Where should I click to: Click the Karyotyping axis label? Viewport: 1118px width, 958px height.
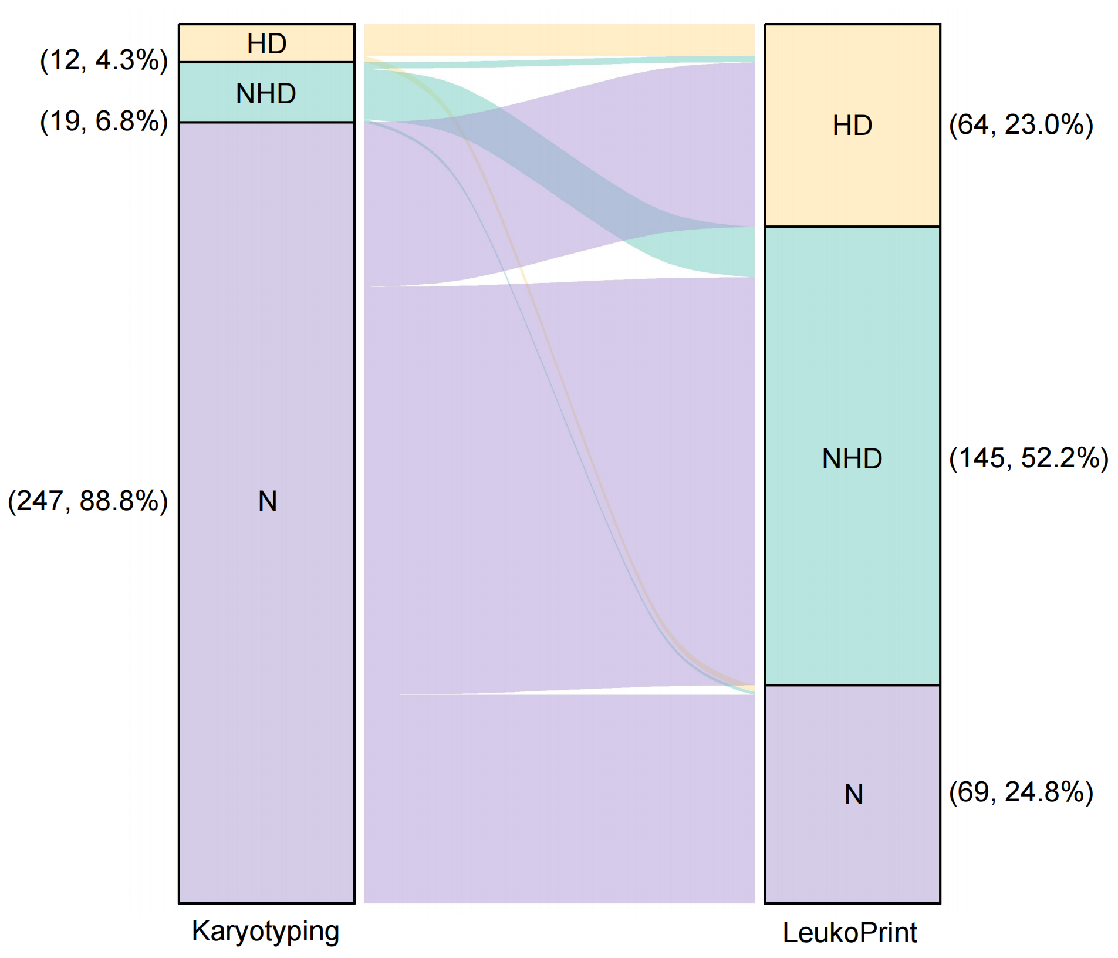pos(265,932)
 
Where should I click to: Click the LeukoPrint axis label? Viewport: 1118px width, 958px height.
pos(849,933)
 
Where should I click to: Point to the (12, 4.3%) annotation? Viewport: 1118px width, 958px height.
pos(104,60)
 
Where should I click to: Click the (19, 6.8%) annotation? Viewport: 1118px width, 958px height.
pos(104,121)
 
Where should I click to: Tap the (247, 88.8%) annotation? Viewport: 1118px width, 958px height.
pos(87,501)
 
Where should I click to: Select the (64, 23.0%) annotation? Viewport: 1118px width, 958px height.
pos(1021,125)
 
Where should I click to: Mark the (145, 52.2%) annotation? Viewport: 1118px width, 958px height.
pos(1028,458)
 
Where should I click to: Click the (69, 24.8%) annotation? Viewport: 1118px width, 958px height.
pos(1021,792)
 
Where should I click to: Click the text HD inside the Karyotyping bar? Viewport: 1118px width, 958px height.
pos(266,43)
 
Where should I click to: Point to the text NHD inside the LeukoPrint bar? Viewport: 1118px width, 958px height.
pos(852,459)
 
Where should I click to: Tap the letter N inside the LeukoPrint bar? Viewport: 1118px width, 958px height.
pos(853,795)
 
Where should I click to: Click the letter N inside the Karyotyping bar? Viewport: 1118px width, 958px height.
pos(267,501)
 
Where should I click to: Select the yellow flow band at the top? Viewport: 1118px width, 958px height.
pos(559,40)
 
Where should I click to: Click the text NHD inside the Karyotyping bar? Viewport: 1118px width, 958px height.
pos(266,94)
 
